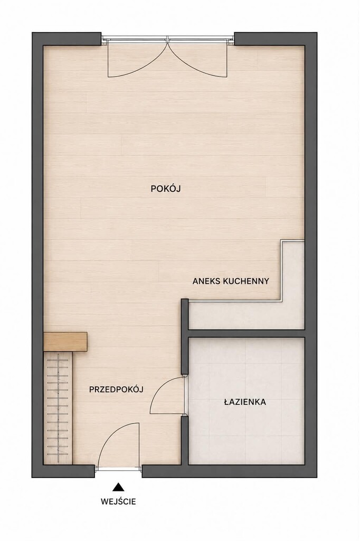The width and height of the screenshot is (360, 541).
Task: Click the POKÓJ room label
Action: (166, 189)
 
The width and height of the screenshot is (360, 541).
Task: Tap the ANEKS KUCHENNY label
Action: (231, 281)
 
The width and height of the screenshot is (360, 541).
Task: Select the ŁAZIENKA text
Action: (245, 402)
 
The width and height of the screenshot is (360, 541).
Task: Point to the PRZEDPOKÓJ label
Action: (116, 389)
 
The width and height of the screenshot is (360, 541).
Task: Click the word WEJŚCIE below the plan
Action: (118, 502)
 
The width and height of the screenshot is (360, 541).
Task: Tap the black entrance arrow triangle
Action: (118, 487)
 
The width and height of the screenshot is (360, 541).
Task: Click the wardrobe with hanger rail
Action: (58, 408)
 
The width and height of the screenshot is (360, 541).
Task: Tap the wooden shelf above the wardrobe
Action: (65, 342)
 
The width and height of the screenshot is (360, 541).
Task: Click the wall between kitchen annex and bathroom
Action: (247, 334)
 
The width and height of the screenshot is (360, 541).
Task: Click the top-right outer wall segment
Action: (275, 39)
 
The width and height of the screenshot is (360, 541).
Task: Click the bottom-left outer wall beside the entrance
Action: (63, 471)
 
